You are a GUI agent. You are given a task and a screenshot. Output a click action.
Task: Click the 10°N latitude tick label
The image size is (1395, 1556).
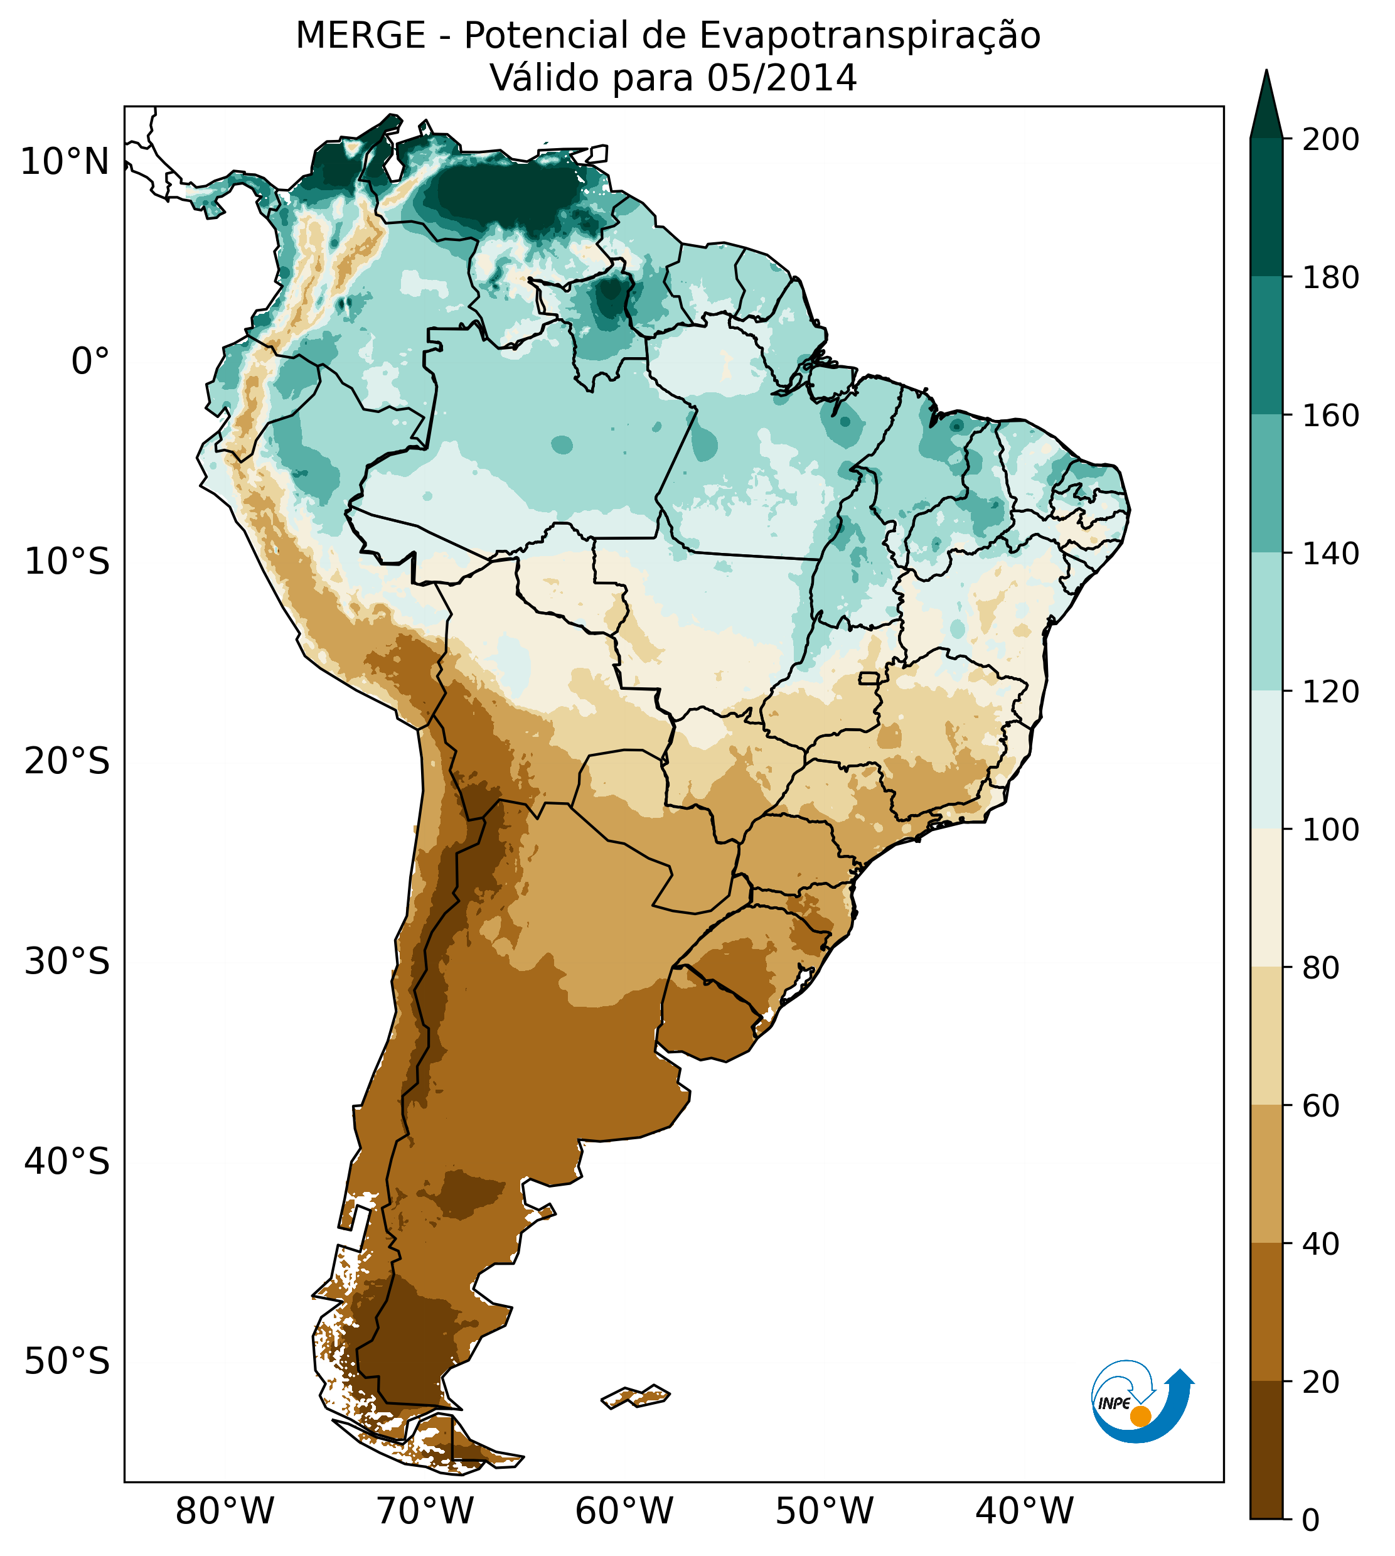(65, 163)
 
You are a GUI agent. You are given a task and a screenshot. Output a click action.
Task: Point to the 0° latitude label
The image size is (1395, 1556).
(90, 362)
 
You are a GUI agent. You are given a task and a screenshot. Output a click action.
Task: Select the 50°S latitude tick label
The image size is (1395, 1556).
(67, 1362)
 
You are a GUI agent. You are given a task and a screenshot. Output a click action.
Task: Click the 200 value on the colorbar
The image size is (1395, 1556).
(1330, 140)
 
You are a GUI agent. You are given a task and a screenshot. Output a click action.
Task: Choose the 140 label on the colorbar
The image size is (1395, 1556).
(1330, 554)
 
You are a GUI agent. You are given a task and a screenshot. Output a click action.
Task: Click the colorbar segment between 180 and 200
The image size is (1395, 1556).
(1266, 207)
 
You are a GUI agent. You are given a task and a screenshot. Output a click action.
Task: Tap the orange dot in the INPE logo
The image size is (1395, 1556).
(1140, 1417)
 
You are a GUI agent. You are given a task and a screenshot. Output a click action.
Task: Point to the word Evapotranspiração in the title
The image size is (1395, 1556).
(870, 36)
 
